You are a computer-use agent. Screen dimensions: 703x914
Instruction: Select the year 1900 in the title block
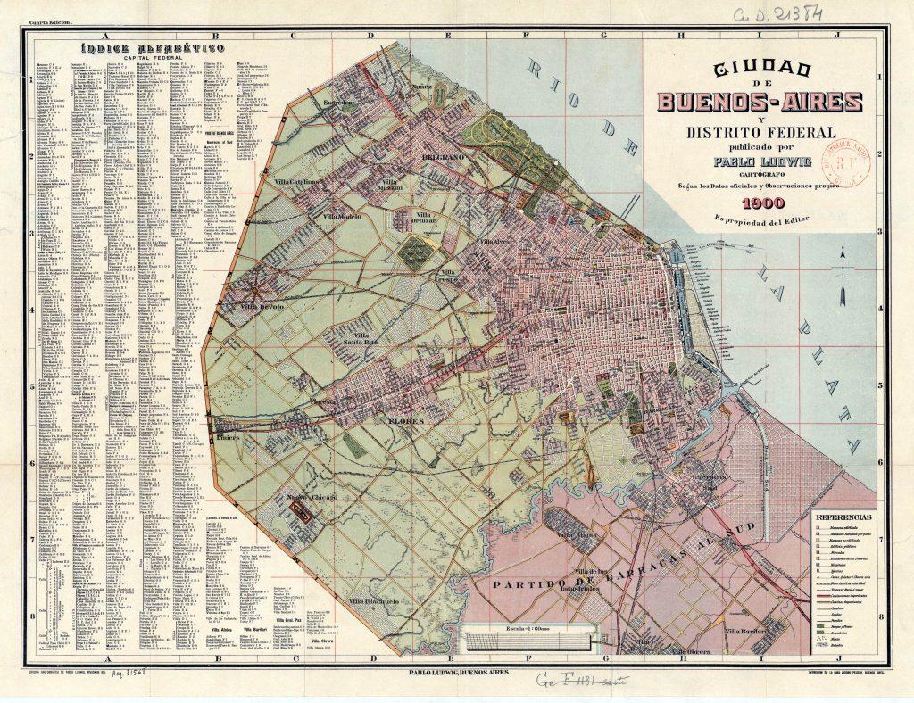tap(755, 203)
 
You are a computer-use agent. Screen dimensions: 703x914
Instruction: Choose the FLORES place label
tap(406, 418)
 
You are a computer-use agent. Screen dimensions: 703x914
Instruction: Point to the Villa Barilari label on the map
tap(746, 631)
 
